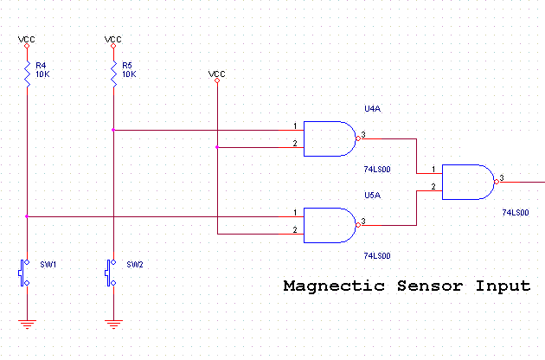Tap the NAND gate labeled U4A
click(x=330, y=138)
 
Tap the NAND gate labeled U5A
click(x=330, y=223)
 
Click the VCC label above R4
click(x=27, y=39)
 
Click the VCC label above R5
click(x=113, y=39)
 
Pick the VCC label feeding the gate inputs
click(x=217, y=74)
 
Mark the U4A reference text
click(x=372, y=110)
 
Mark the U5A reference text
click(x=372, y=195)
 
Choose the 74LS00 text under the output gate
click(x=516, y=212)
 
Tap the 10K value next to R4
click(x=43, y=75)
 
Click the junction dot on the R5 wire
click(x=113, y=131)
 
